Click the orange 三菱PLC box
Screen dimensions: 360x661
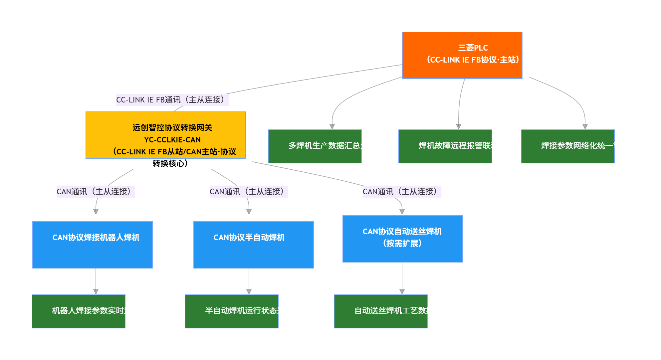pos(462,55)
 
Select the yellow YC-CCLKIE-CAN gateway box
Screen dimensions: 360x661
pos(165,135)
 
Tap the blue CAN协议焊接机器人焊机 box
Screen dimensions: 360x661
pos(93,245)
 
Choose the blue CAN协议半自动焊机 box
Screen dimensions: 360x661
pos(254,245)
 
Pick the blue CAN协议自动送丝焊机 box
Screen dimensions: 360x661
pos(402,239)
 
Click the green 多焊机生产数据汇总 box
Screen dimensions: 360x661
pos(315,146)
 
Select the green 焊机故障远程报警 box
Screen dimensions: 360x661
pos(445,146)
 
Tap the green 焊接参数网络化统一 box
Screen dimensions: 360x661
pos(567,146)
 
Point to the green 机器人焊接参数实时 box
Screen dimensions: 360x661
pos(79,311)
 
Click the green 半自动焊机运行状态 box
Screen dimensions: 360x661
pos(232,311)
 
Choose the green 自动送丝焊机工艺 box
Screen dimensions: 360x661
pos(380,311)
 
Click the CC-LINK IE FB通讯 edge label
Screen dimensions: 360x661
pos(172,100)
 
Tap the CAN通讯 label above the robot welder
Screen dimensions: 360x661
pos(96,192)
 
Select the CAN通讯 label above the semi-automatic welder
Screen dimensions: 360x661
pos(249,192)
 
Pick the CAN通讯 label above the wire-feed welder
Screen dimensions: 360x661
pos(402,192)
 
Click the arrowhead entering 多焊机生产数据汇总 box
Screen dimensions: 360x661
pos(332,126)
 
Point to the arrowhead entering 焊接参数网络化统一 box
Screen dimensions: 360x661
pos(585,126)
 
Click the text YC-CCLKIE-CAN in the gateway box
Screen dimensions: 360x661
pos(172,140)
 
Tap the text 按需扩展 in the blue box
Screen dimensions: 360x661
pos(402,244)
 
